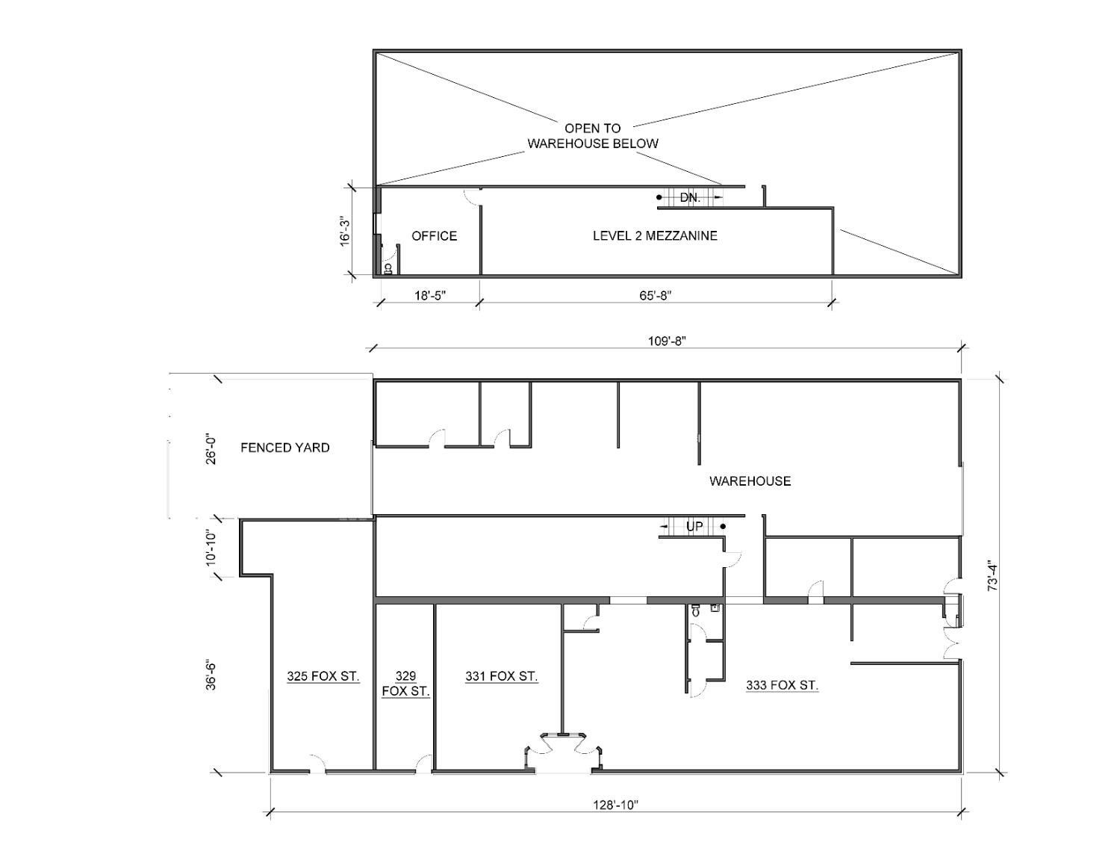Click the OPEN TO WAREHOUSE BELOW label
pyautogui.click(x=593, y=136)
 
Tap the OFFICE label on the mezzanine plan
pyautogui.click(x=434, y=236)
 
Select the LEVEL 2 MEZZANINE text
pyautogui.click(x=655, y=236)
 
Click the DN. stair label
pyautogui.click(x=690, y=198)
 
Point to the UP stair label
pyautogui.click(x=694, y=527)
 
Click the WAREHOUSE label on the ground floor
pyautogui.click(x=750, y=481)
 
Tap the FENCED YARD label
pyautogui.click(x=284, y=448)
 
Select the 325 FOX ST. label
pyautogui.click(x=323, y=677)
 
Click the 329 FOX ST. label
pyautogui.click(x=405, y=684)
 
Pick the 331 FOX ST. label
pyautogui.click(x=501, y=677)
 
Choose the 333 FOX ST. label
pyautogui.click(x=782, y=685)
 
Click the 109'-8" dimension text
pyautogui.click(x=666, y=341)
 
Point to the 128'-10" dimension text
pyautogui.click(x=615, y=805)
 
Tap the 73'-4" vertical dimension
pyautogui.click(x=992, y=575)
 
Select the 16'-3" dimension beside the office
pyautogui.click(x=344, y=231)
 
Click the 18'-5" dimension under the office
pyautogui.click(x=430, y=295)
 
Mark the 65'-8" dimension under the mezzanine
pyautogui.click(x=655, y=295)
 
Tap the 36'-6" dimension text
pyautogui.click(x=212, y=673)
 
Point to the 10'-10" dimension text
pyautogui.click(x=212, y=547)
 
